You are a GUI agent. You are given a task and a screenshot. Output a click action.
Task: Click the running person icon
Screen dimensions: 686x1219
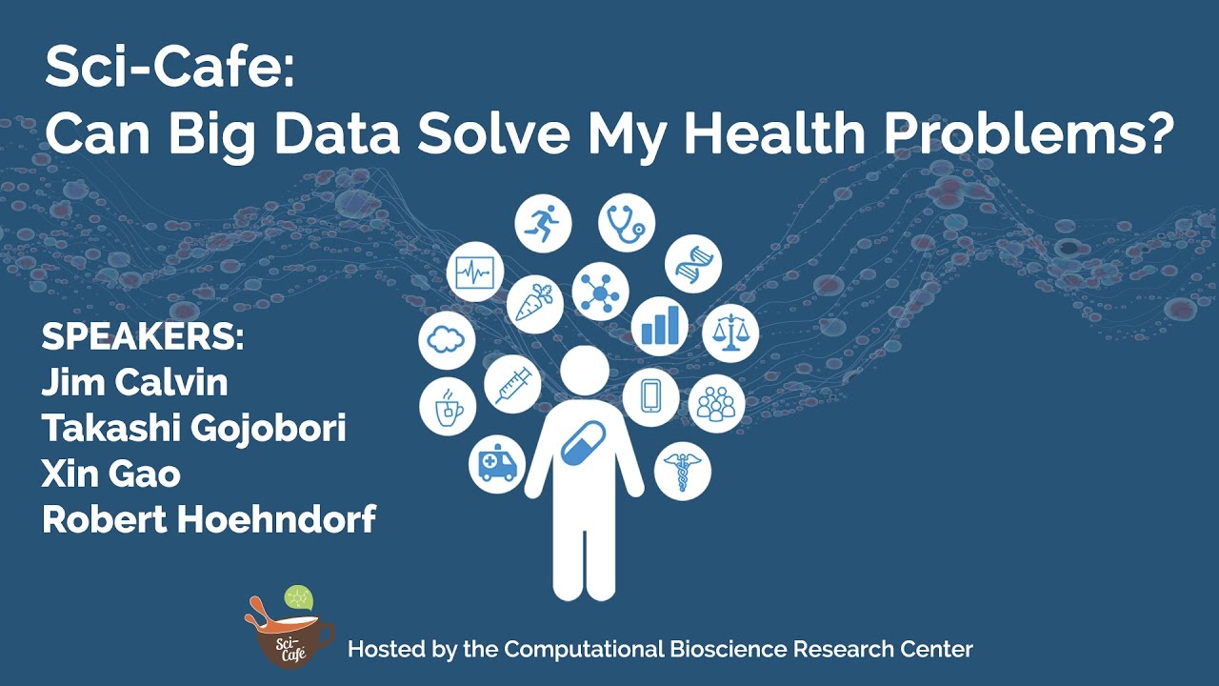(544, 224)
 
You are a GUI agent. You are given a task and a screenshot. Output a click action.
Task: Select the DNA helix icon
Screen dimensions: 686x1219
(692, 263)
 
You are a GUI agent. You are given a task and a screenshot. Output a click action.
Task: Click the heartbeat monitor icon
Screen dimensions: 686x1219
(474, 273)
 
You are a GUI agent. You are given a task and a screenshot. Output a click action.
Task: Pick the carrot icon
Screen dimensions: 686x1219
(533, 304)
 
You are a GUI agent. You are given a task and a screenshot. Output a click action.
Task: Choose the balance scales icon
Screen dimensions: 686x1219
(731, 333)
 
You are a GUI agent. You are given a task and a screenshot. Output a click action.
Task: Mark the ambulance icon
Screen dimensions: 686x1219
(497, 464)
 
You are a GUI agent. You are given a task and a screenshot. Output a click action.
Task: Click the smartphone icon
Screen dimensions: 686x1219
(651, 396)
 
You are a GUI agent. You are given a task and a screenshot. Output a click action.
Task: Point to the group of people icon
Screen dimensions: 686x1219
(715, 403)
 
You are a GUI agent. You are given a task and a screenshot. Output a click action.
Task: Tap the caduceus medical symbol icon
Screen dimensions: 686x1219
(682, 470)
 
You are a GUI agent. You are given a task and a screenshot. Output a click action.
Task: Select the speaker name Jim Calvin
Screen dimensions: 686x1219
(134, 383)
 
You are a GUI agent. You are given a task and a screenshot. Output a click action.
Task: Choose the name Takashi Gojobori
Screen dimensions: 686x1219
(193, 429)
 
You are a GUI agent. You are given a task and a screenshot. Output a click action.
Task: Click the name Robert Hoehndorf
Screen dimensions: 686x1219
(209, 520)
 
